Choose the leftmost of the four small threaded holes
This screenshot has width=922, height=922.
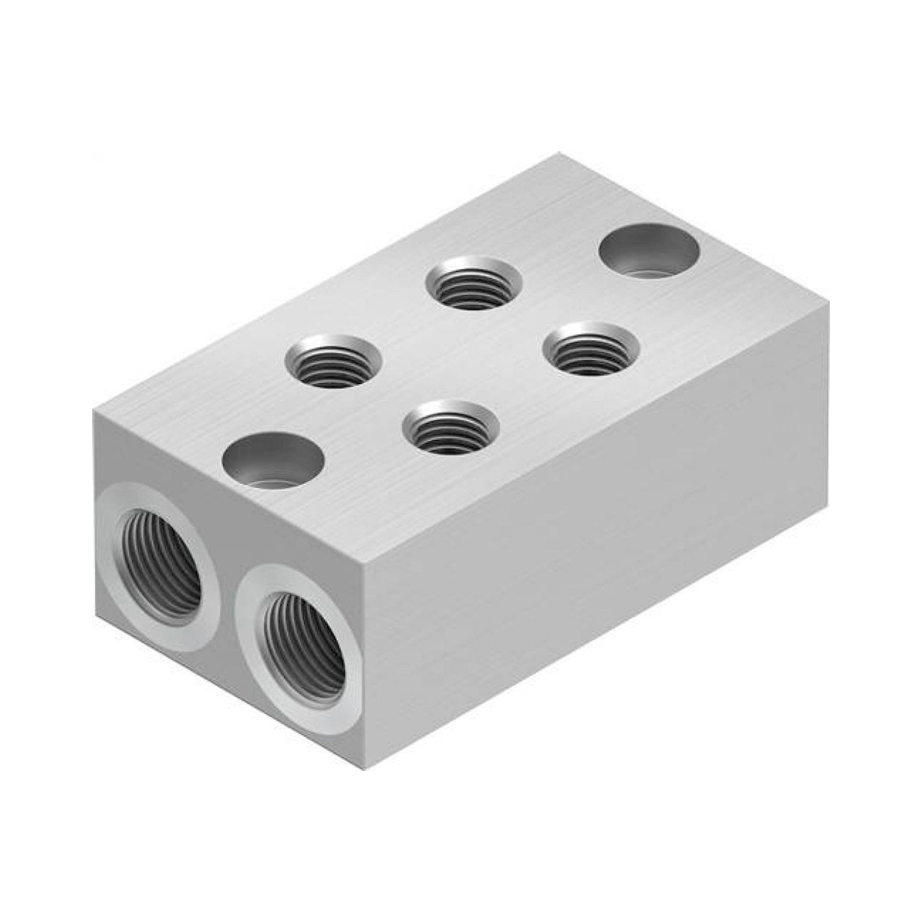pos(333,361)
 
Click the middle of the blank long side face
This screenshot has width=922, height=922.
pos(597,539)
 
